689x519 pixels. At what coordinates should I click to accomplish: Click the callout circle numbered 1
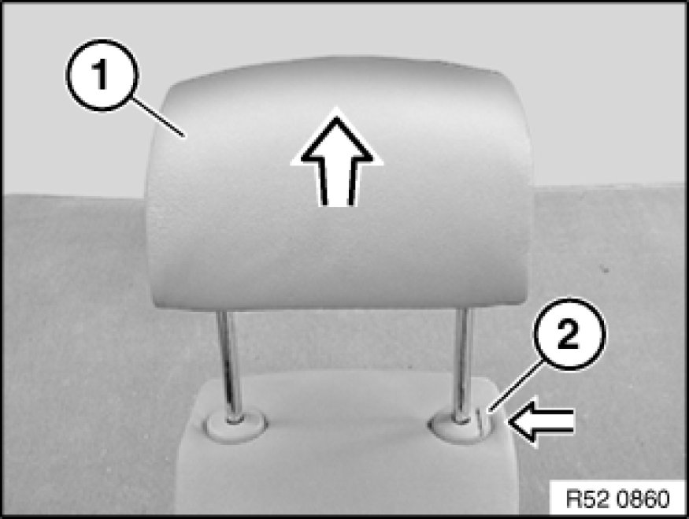tap(102, 75)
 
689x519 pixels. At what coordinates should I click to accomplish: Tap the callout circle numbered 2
tap(569, 335)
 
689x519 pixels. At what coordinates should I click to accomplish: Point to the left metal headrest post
tap(229, 365)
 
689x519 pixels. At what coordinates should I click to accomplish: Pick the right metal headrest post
tap(463, 365)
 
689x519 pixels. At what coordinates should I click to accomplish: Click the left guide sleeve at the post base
tap(236, 425)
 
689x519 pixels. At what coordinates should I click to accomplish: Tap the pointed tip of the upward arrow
tap(336, 108)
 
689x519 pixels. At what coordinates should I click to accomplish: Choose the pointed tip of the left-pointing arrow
tap(509, 422)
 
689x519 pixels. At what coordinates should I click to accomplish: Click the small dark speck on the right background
tap(607, 269)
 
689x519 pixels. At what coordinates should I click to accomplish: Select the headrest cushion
tap(339, 184)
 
